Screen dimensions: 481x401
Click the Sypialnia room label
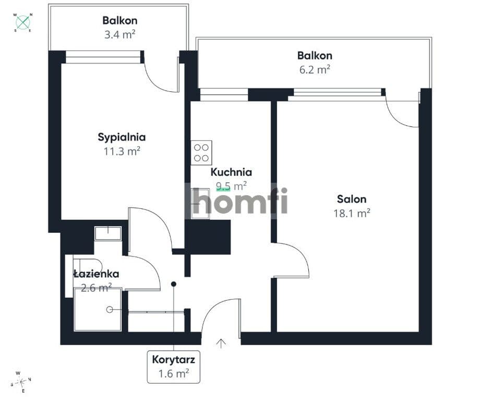coord(122,137)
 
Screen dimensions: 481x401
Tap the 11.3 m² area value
coord(122,151)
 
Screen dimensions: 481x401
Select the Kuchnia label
coord(231,172)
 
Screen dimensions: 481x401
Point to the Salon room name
coord(352,199)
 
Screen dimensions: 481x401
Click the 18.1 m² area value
coord(352,213)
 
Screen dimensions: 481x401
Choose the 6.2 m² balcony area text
coord(315,69)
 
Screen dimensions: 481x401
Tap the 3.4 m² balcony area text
coord(119,34)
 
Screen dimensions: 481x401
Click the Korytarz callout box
coord(174,367)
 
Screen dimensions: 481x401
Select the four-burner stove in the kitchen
coord(201,152)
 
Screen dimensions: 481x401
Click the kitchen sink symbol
coord(200,204)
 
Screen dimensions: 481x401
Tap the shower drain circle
coord(109,310)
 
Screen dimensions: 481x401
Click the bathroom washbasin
coord(107,233)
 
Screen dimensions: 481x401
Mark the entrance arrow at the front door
coord(221,344)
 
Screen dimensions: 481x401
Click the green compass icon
coord(23,22)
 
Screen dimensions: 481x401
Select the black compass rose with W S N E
coord(21,382)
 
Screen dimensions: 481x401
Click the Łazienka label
coord(97,274)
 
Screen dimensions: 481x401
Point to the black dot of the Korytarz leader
coord(174,284)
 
